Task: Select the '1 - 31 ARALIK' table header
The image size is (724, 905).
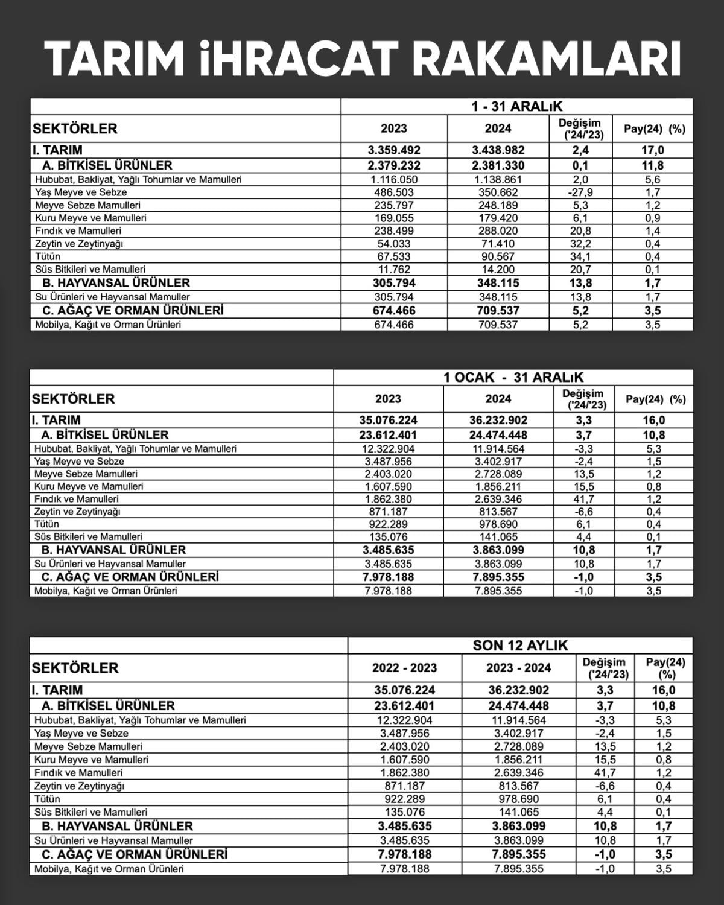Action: coord(517,107)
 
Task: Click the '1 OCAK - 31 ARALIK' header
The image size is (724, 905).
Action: coord(513,378)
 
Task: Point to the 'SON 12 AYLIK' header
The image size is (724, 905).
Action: coord(520,646)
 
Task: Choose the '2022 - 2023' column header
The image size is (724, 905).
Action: coord(404,668)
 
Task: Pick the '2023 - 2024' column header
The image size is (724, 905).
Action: coord(519,668)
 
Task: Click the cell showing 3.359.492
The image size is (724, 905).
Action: coord(394,150)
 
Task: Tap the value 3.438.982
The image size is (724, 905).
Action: coord(498,150)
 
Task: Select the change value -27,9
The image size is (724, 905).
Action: coord(580,192)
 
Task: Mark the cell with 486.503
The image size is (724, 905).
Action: coord(394,192)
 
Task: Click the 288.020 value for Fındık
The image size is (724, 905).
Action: coord(498,230)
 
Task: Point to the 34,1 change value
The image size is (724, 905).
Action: coord(580,256)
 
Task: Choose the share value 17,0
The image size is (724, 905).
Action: coord(652,150)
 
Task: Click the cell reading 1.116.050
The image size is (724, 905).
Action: coord(394,179)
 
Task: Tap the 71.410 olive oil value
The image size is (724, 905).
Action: coord(498,244)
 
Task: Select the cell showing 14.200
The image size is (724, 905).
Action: coord(498,269)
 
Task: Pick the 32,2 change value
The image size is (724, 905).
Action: coord(580,244)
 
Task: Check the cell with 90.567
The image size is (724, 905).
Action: coord(498,256)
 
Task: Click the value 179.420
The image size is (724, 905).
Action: coord(498,218)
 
